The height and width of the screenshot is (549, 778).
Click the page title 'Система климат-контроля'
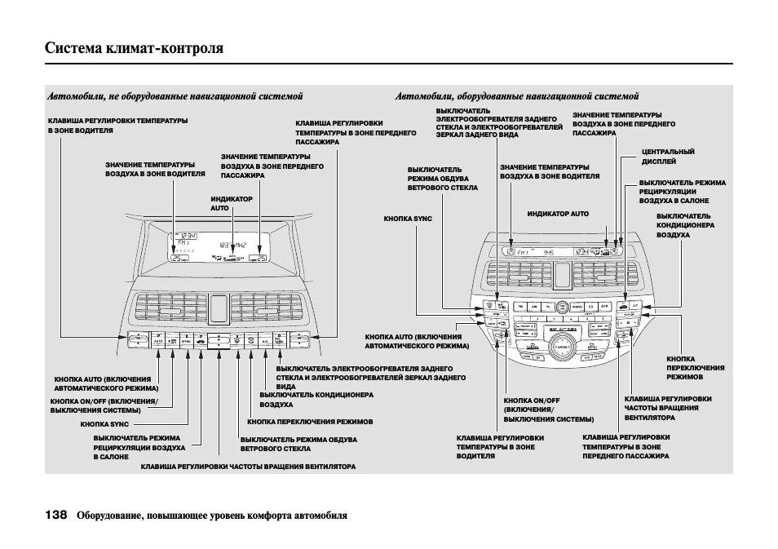pyautogui.click(x=134, y=49)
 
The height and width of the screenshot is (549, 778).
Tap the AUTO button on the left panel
pyautogui.click(x=158, y=340)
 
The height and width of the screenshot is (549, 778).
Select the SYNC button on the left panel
pyautogui.click(x=187, y=340)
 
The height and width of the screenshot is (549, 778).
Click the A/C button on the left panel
pyautogui.click(x=265, y=340)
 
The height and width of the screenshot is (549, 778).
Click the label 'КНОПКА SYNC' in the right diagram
pyautogui.click(x=408, y=219)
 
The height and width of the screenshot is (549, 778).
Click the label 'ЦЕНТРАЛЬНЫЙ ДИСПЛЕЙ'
pyautogui.click(x=668, y=156)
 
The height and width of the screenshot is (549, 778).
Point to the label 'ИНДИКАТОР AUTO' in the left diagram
pyautogui.click(x=232, y=203)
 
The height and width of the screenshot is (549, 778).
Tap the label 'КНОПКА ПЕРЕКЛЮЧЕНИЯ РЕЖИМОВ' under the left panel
pyautogui.click(x=310, y=422)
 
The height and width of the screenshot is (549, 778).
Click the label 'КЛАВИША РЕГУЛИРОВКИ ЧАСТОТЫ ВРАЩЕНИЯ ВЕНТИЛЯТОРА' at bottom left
pyautogui.click(x=248, y=467)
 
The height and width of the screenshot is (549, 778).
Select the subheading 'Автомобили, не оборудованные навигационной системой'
pyautogui.click(x=175, y=96)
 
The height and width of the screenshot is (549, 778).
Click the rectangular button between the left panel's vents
pyautogui.click(x=219, y=308)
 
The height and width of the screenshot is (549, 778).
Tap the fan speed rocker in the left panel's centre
pyautogui.click(x=219, y=340)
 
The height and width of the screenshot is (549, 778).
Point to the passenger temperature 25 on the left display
pyautogui.click(x=259, y=258)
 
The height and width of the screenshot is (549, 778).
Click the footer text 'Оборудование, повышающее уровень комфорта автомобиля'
pyautogui.click(x=212, y=516)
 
